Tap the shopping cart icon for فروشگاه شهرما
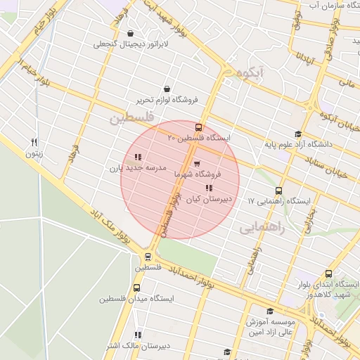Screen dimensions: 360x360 [196, 164]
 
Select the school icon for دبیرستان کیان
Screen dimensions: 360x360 [208, 188]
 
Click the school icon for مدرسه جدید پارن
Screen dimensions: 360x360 [138, 157]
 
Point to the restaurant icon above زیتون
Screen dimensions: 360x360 [34, 141]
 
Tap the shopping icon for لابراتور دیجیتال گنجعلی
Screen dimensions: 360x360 [131, 33]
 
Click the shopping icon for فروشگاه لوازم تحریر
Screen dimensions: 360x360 [167, 89]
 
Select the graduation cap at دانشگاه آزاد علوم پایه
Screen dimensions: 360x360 [298, 134]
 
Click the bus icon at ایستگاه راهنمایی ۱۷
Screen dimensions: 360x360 [279, 191]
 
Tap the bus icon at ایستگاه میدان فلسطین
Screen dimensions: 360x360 [136, 288]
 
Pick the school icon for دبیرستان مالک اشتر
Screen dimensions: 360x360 [138, 335]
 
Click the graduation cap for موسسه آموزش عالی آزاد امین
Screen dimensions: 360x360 [269, 311]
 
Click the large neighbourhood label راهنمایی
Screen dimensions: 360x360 [259, 228]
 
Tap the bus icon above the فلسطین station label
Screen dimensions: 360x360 [148, 257]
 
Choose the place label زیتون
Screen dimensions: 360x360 [34, 153]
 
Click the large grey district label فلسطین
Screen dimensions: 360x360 [130, 117]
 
